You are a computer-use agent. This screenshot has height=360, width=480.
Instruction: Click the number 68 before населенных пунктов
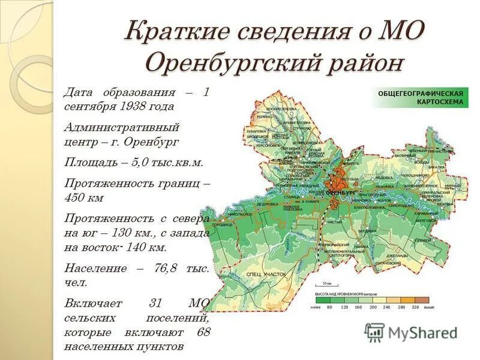tap(203, 332)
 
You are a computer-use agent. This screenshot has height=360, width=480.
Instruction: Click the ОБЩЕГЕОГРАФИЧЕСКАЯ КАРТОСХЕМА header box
tap(421, 98)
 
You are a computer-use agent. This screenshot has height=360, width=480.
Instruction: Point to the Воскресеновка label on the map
tap(278, 108)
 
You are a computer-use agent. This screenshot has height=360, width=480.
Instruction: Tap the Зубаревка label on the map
tap(256, 130)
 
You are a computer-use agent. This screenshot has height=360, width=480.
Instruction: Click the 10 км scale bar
tap(327, 285)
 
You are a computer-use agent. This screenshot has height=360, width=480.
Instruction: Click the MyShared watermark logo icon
tap(374, 332)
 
